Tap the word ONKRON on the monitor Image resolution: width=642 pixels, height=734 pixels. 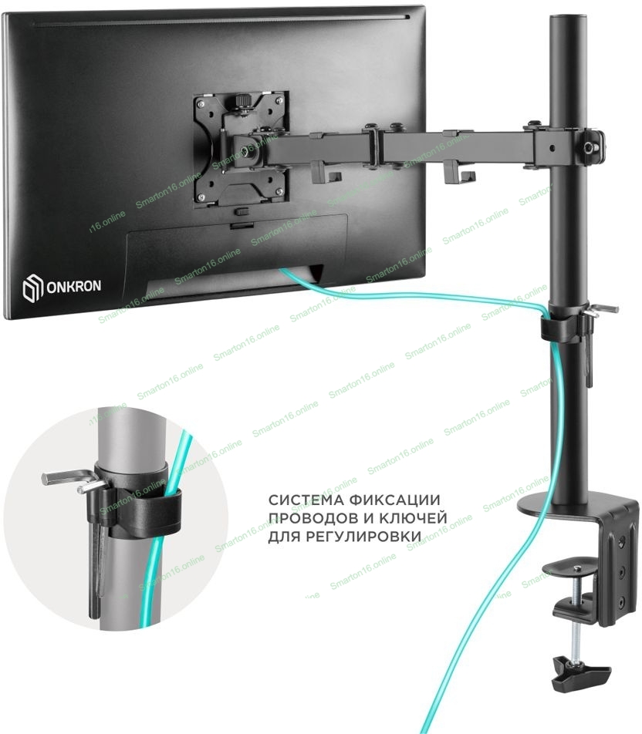click(x=73, y=286)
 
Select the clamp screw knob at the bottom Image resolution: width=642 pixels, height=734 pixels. click(x=580, y=673)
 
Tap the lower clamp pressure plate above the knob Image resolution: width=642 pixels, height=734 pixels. click(x=575, y=607)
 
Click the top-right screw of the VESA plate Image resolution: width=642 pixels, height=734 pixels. click(x=279, y=99)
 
